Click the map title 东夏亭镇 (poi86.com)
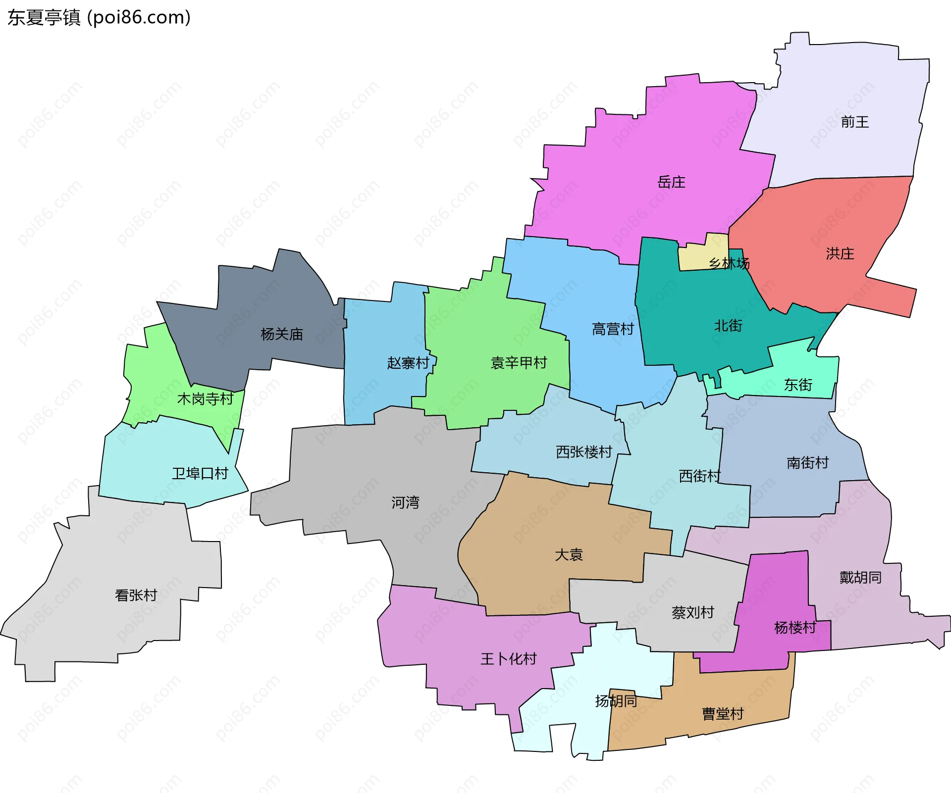(99, 17)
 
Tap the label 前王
(854, 122)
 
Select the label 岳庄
(671, 182)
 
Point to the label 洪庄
(840, 253)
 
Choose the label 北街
(728, 325)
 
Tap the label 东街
(798, 385)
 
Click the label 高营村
(613, 329)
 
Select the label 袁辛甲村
(519, 363)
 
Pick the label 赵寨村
(408, 363)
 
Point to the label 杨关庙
(281, 334)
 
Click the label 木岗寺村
(205, 398)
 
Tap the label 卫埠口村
(200, 473)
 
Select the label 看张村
(136, 595)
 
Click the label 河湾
(405, 502)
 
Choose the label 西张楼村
(584, 451)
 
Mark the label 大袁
(569, 554)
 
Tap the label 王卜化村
(508, 658)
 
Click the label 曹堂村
(723, 713)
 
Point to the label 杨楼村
(794, 627)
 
